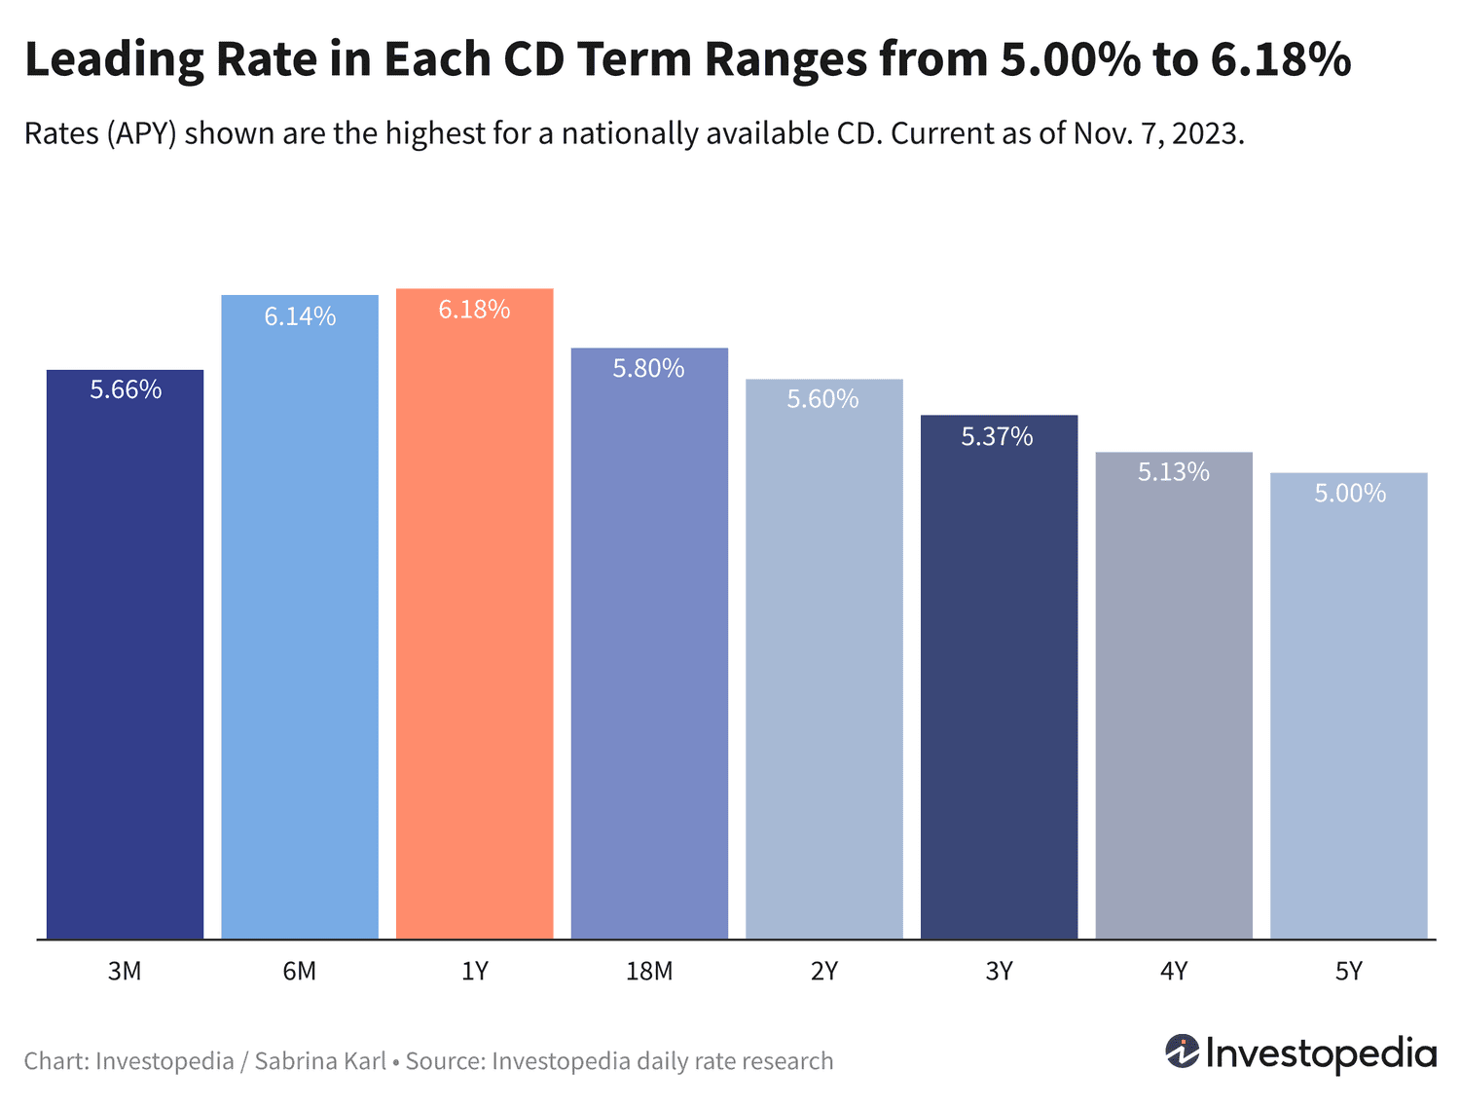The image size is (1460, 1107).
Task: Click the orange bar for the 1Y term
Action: tap(474, 613)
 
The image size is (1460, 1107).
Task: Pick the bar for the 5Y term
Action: tap(1348, 706)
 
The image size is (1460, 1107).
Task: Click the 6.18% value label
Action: tap(474, 310)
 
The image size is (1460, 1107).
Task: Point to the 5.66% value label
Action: tap(126, 389)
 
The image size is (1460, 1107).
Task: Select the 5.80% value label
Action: tap(648, 368)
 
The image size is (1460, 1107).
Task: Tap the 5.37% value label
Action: tap(997, 436)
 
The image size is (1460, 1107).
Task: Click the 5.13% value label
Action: tap(1173, 472)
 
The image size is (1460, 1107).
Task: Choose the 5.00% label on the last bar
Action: tap(1349, 494)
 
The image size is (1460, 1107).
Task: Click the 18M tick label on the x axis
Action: tap(649, 972)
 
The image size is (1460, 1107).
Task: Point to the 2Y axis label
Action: tap(823, 972)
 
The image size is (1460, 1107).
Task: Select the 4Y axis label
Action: tap(1173, 972)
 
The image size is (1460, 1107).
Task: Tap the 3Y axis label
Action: tap(999, 972)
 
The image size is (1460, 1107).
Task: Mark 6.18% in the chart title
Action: tap(1280, 60)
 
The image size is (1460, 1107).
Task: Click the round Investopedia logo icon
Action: tap(1182, 1052)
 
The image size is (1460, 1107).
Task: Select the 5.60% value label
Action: tap(822, 399)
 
